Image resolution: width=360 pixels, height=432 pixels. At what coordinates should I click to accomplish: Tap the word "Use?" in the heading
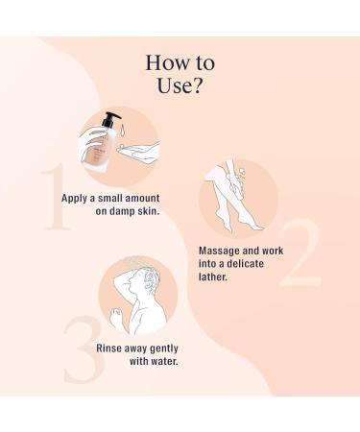coord(180,85)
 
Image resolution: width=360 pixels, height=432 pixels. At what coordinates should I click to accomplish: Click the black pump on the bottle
coord(110,119)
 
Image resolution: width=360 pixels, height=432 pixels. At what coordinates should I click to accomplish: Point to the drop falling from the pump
coord(123,132)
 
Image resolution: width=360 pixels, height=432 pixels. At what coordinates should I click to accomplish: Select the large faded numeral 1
coord(56,196)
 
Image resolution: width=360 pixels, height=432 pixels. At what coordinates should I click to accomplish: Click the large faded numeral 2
coord(300,252)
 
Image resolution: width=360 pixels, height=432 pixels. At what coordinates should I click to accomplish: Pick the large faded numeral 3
coord(84,349)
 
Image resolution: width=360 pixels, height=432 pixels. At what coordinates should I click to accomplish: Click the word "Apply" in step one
coord(74,199)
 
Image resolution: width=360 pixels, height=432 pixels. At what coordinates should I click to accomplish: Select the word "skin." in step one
coord(149,211)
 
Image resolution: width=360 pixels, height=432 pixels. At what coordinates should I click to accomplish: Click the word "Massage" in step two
coord(219,251)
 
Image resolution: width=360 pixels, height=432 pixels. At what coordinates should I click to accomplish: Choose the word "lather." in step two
coord(213,276)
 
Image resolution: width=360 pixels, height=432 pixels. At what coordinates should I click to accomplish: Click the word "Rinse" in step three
coord(108,348)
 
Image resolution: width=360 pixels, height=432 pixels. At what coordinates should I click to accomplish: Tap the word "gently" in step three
coord(164,348)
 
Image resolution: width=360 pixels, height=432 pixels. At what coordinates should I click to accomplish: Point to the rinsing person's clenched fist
coord(116,315)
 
